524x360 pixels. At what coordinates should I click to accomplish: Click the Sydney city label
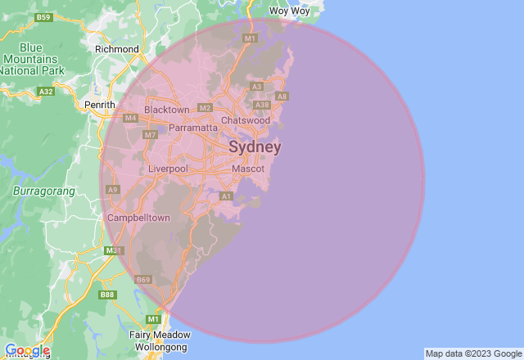(x=255, y=147)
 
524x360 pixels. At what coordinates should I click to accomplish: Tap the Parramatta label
(x=193, y=128)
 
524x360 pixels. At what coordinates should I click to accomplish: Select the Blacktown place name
(x=166, y=109)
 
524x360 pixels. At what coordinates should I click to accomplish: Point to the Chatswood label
(x=246, y=120)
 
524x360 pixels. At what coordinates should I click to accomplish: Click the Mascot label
(x=248, y=169)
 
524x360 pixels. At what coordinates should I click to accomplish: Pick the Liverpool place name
(x=168, y=169)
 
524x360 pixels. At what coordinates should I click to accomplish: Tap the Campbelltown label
(x=138, y=218)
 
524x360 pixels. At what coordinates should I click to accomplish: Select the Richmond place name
(x=117, y=49)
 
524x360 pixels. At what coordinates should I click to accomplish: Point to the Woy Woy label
(x=290, y=11)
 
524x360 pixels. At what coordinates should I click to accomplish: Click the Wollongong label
(x=158, y=348)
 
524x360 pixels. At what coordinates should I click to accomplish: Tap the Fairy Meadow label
(x=160, y=335)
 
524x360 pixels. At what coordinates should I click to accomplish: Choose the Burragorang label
(x=44, y=191)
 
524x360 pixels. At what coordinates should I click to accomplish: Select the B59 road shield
(x=44, y=17)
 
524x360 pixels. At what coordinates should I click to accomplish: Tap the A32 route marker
(x=46, y=92)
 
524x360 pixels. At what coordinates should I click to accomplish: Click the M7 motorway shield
(x=150, y=134)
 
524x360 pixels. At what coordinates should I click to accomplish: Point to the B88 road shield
(x=107, y=295)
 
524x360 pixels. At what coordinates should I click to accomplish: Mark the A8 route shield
(x=282, y=97)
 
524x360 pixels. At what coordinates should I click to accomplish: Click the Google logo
(x=26, y=350)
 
